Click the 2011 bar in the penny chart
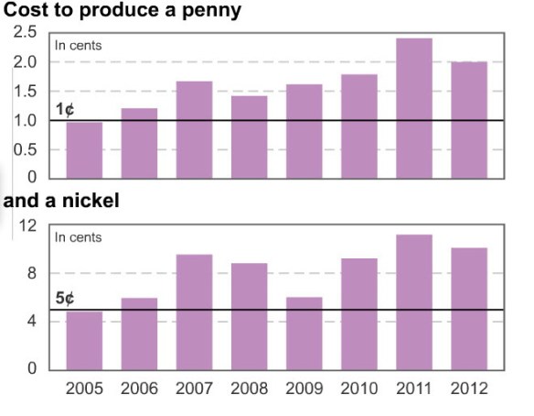(x=413, y=108)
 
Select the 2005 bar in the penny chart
(x=84, y=149)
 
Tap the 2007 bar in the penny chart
(x=194, y=129)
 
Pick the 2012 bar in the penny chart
(x=468, y=119)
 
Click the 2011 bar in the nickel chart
(x=413, y=301)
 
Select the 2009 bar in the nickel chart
(x=304, y=333)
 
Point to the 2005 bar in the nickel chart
(x=84, y=340)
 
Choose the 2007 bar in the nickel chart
(x=194, y=312)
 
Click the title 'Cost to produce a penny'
(x=123, y=12)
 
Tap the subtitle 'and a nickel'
(x=61, y=201)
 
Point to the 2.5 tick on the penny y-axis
(x=25, y=33)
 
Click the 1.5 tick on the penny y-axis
(x=25, y=92)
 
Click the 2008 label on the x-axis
(x=249, y=389)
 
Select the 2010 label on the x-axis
(x=358, y=389)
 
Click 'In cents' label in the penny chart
(x=78, y=45)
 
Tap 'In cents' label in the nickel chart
(x=78, y=237)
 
